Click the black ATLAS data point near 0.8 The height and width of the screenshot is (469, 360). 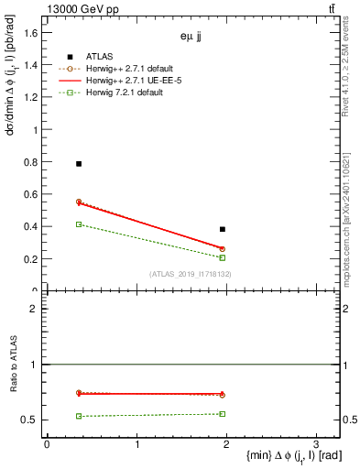tap(79, 163)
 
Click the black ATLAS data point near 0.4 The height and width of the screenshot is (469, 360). tap(223, 229)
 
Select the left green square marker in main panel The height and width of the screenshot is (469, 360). tap(79, 224)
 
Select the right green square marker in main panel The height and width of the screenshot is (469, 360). tap(223, 257)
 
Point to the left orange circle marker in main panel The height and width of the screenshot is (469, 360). tap(79, 202)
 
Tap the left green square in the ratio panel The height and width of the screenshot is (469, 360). tap(79, 416)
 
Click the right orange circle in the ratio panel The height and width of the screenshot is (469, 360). tap(223, 395)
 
